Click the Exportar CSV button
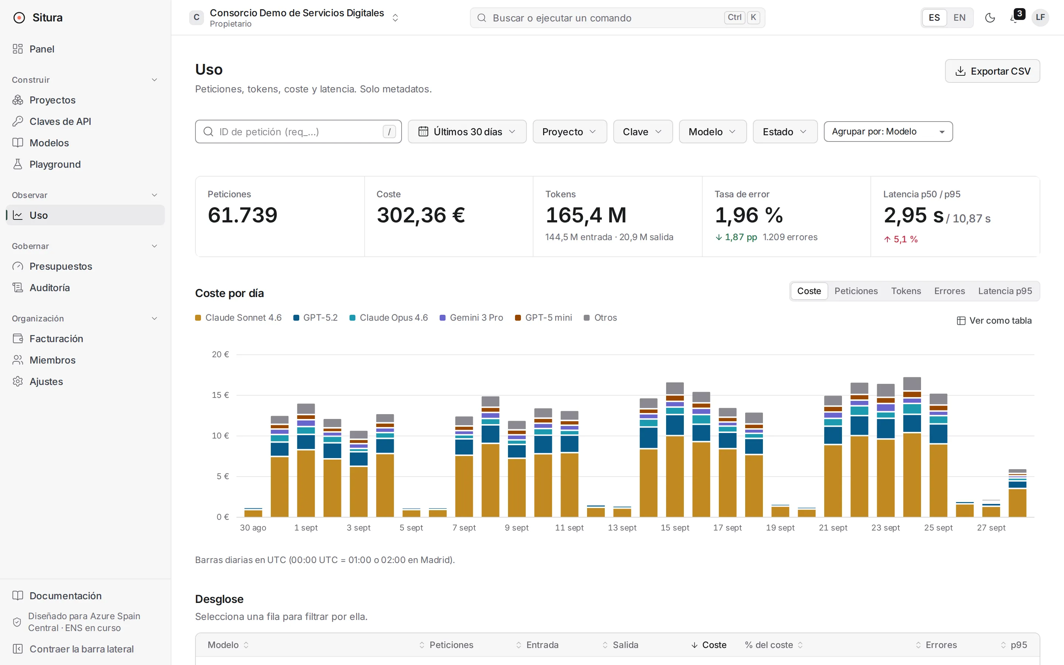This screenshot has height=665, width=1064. tap(992, 71)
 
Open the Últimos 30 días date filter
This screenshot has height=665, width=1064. tap(467, 132)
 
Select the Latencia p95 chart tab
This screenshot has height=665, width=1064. tap(1005, 291)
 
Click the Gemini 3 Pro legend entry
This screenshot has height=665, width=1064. tap(471, 318)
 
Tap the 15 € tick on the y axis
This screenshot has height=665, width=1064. tap(220, 395)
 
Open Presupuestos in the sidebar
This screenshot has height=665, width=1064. tap(61, 266)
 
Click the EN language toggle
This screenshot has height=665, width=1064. tap(959, 18)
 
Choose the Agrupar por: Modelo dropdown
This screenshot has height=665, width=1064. tap(888, 132)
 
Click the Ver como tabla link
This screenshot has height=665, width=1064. tap(994, 321)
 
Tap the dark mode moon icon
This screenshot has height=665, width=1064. tap(990, 18)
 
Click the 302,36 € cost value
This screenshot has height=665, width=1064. tap(421, 215)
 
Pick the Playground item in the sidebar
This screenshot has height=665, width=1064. tap(55, 164)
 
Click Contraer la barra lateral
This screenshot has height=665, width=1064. tap(73, 649)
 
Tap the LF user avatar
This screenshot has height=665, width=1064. tap(1040, 18)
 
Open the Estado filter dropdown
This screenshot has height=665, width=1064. tap(785, 132)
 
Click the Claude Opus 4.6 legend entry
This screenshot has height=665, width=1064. tap(389, 318)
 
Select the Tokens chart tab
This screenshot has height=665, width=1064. tap(906, 291)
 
